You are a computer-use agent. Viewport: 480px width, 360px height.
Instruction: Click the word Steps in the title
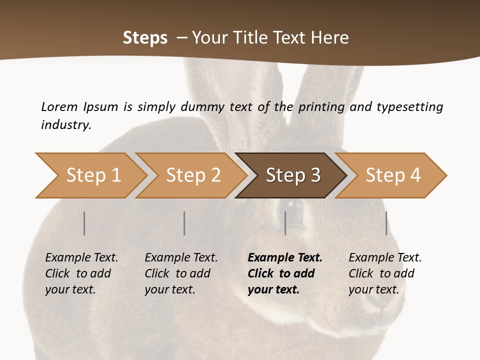coord(145,38)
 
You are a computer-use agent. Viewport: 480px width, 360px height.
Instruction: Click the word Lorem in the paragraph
coord(59,106)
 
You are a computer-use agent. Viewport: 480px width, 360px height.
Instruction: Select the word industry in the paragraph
coord(65,124)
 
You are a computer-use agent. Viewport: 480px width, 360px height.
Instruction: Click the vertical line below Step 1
coord(84,223)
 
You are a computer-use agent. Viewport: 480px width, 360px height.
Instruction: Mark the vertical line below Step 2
coord(184,223)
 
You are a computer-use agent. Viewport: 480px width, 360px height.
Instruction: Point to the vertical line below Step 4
coord(386,223)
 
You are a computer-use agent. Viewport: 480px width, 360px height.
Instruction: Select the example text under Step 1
coord(81,273)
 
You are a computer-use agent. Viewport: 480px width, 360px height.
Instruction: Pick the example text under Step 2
coord(181,273)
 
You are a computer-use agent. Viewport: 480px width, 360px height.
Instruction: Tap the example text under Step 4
coord(385,273)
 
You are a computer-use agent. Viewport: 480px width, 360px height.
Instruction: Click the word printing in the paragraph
coord(321,107)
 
